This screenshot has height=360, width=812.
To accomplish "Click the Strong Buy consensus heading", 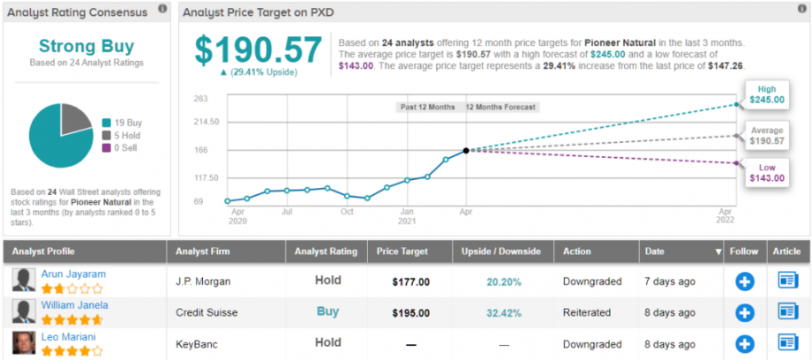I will pyautogui.click(x=86, y=47).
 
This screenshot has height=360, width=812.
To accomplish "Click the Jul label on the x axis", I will pyautogui.click(x=288, y=213).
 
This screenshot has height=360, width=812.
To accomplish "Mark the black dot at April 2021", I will pyautogui.click(x=466, y=150).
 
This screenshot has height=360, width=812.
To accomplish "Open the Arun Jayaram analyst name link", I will pyautogui.click(x=73, y=274).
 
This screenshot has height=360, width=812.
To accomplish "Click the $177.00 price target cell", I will pyautogui.click(x=410, y=281).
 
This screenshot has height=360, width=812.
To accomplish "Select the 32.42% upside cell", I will pyautogui.click(x=503, y=311).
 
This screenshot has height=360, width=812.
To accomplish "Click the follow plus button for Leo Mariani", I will pyautogui.click(x=745, y=342).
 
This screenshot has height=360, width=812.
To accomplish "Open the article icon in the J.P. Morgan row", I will pyautogui.click(x=788, y=281).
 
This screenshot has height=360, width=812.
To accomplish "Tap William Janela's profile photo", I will pyautogui.click(x=25, y=311).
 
